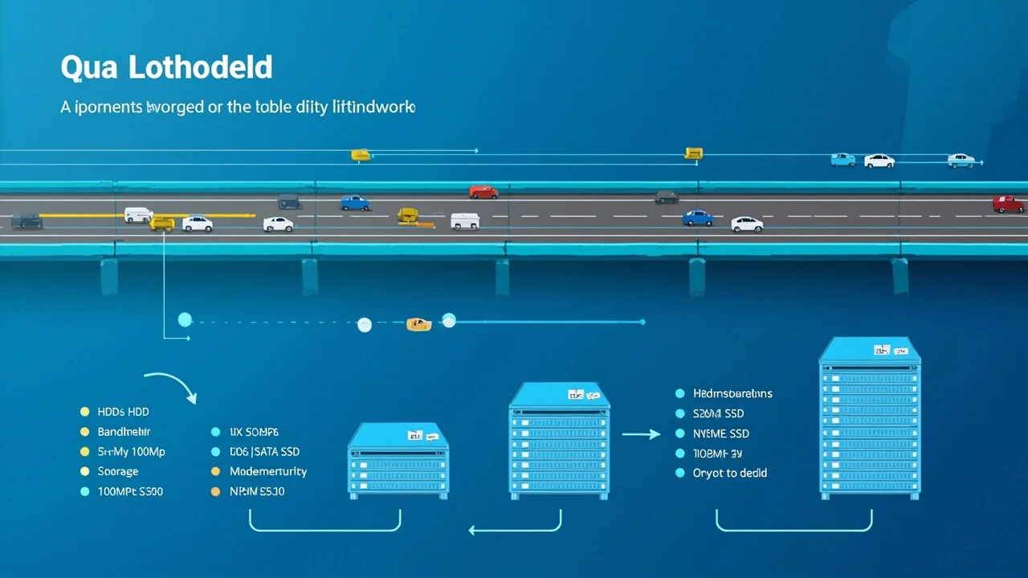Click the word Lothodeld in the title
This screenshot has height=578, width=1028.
(199, 68)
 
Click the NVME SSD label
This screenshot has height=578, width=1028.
(720, 433)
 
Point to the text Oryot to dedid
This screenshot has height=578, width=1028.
(729, 473)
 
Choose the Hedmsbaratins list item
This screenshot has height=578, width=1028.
(732, 393)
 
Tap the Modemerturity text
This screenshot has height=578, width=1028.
(268, 471)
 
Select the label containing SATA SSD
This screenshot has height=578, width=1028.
(264, 452)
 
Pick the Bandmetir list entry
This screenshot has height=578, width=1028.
(124, 432)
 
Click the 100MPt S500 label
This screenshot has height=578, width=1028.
(130, 491)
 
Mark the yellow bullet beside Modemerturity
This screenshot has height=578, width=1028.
(215, 471)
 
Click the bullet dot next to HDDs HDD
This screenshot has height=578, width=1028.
(84, 412)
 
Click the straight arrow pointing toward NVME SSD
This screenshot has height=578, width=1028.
(641, 434)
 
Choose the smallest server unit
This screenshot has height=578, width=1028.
(398, 462)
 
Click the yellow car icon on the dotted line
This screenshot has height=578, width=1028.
(418, 324)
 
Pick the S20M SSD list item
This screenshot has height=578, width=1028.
(718, 413)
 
